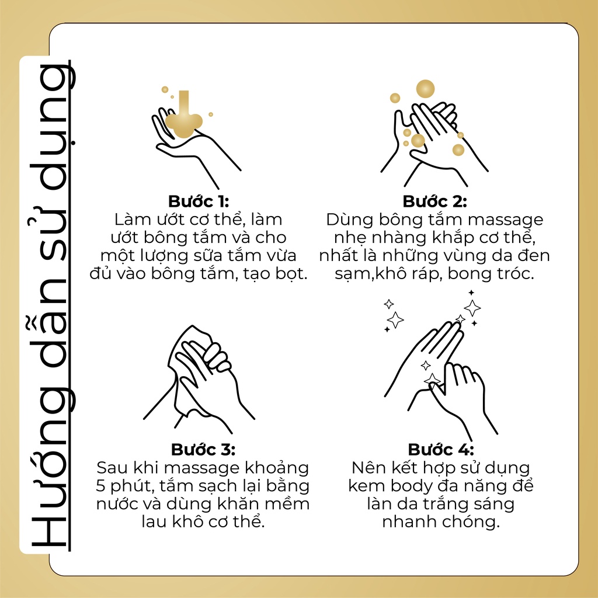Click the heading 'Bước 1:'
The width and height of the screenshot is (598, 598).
coord(199,202)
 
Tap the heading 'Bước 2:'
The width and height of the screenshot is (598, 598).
coord(435,202)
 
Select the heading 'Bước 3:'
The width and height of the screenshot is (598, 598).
coord(203,450)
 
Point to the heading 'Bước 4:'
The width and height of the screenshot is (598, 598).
coord(441,450)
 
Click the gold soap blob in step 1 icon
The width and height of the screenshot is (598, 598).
coord(183,121)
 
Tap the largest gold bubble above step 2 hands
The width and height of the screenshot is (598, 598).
coord(425,89)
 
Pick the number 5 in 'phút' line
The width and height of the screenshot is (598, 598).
coord(102,486)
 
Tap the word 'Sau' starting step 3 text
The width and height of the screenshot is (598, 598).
coord(111,468)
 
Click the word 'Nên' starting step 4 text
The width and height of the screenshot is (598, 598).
coord(367,468)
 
